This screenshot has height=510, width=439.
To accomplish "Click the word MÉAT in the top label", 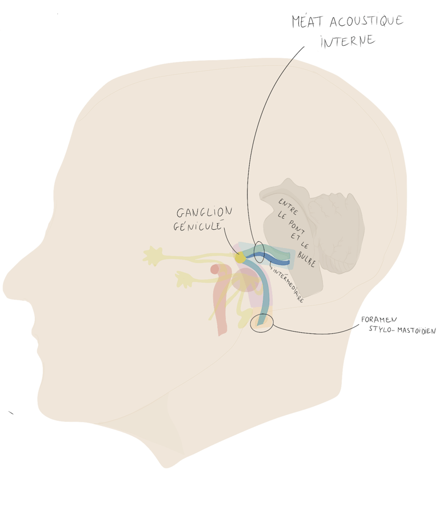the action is pyautogui.click(x=308, y=22).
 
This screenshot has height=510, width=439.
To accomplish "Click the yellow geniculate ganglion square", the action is pyautogui.click(x=240, y=258).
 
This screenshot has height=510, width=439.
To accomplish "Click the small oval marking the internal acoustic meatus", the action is pyautogui.click(x=259, y=252).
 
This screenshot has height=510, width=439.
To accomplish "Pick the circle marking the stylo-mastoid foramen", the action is pyautogui.click(x=262, y=323).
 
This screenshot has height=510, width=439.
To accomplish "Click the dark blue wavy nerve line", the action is pyautogui.click(x=269, y=260).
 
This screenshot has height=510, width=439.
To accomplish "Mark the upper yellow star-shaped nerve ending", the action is pyautogui.click(x=154, y=256).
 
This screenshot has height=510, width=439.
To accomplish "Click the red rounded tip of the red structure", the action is pyautogui.click(x=215, y=269).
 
